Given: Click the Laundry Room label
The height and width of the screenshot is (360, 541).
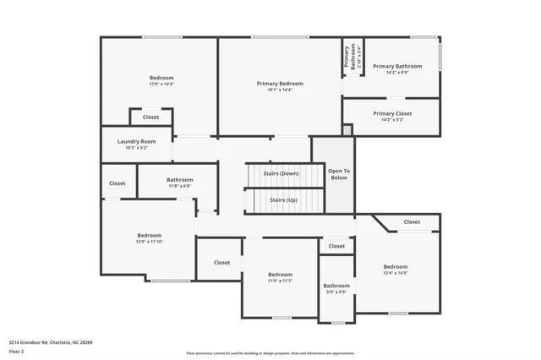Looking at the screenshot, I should [136, 141].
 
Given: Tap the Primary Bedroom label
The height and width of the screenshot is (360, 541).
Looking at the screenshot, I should [280, 84].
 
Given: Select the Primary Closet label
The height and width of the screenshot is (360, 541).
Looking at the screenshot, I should [392, 112].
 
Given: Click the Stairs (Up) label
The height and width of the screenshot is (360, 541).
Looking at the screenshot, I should [283, 200].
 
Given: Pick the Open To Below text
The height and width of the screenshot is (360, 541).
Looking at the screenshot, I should [339, 174].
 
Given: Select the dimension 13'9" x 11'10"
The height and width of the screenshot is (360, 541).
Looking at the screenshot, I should [150, 242].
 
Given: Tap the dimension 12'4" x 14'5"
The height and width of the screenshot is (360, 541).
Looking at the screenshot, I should [395, 273].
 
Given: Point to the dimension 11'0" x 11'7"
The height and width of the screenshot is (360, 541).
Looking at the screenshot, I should [280, 281].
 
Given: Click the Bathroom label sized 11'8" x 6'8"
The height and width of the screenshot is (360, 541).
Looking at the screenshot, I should [179, 179].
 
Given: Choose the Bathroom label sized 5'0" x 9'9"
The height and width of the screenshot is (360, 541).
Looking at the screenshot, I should [336, 286].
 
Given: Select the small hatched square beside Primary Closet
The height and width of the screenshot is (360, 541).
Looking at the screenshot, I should [346, 130].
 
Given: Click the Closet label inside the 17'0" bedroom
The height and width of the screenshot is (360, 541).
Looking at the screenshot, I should [150, 117].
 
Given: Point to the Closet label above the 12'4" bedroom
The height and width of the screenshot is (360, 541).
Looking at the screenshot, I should [412, 221].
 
